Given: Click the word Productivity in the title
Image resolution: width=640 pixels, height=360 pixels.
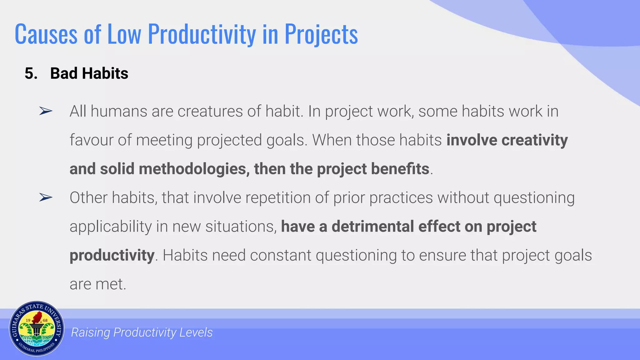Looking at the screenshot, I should [x=202, y=34].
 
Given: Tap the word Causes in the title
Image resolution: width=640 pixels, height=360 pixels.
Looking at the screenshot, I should [x=46, y=34].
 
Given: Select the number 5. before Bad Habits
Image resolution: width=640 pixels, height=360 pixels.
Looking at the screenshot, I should [x=31, y=73].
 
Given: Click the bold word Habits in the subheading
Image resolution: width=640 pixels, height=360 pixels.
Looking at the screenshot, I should [x=105, y=73].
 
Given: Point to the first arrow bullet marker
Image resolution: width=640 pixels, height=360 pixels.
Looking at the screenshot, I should [x=46, y=111].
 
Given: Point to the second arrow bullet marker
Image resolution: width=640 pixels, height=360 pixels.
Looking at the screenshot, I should [x=46, y=197].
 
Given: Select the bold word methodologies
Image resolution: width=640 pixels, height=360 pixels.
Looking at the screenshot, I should [x=194, y=169].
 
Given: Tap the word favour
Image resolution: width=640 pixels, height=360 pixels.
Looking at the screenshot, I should [x=91, y=140].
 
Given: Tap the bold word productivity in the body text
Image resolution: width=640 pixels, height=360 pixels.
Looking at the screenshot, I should [x=112, y=255].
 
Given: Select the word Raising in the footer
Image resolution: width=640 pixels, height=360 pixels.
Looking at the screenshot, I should [x=90, y=332].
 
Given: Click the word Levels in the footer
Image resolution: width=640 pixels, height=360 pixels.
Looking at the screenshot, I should [x=196, y=332].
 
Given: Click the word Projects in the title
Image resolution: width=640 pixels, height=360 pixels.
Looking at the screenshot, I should [x=321, y=34].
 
